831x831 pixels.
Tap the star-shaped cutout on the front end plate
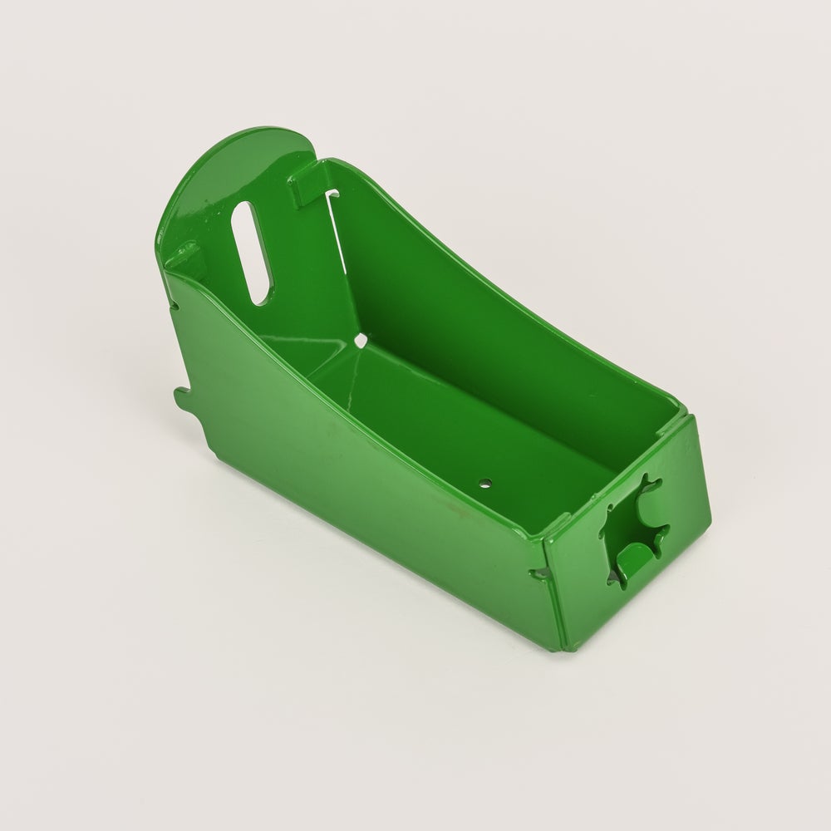tap(636, 524)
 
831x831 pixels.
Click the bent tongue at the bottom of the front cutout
tap(633, 558)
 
